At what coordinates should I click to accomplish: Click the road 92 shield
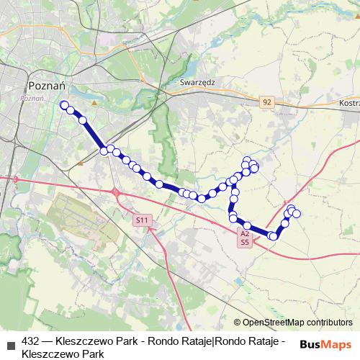click(267, 102)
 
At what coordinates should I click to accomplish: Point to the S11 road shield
click(143, 220)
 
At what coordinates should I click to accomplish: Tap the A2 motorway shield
click(245, 233)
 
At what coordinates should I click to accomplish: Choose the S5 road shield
click(245, 242)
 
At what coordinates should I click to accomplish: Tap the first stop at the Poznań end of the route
click(64, 105)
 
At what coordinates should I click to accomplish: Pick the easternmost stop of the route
click(296, 214)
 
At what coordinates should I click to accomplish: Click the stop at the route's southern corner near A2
click(273, 236)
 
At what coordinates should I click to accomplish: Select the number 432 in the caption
click(31, 341)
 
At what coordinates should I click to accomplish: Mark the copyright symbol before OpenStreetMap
click(238, 322)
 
